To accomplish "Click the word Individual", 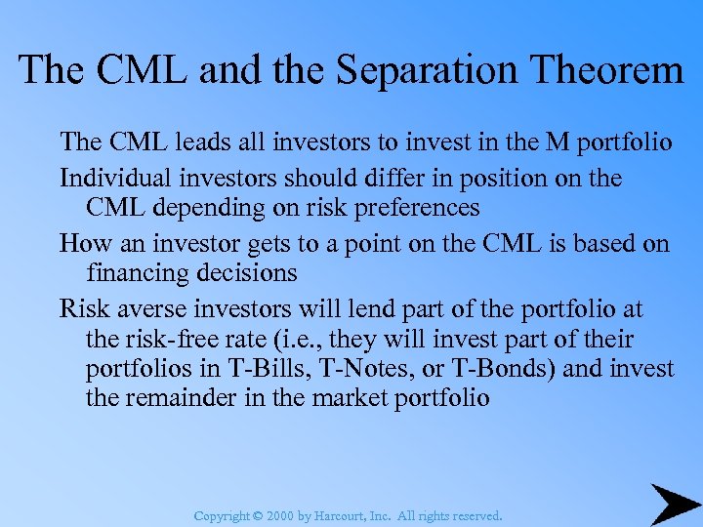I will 108,179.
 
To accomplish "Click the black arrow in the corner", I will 675,505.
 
